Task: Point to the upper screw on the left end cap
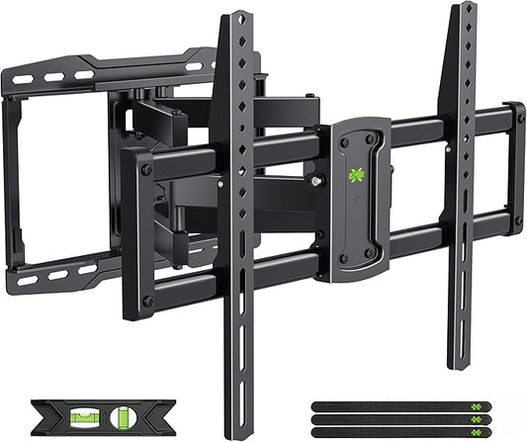[146, 170]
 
